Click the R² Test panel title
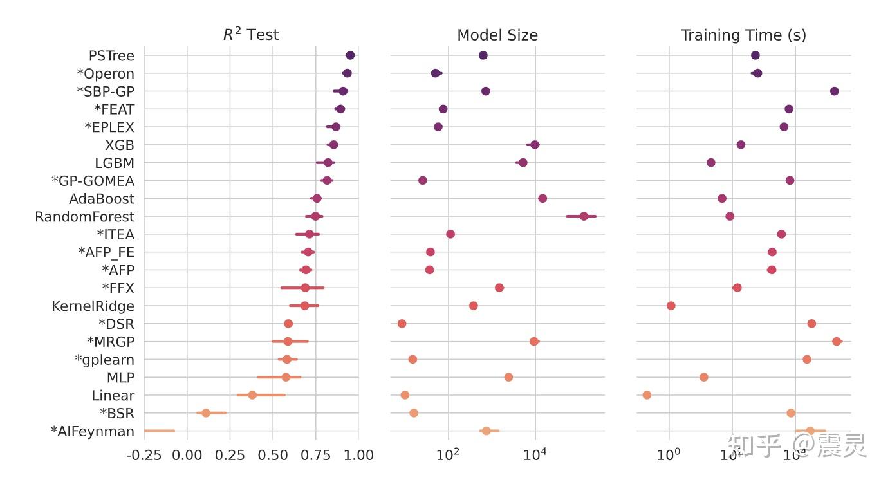coord(251,35)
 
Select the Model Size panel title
coord(497,35)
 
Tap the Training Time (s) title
coord(743,35)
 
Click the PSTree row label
coord(111,56)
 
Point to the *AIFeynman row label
coord(93,431)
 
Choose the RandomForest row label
coord(85,217)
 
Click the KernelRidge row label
coord(93,306)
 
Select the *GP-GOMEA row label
coord(93,181)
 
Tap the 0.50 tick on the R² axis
coord(273,456)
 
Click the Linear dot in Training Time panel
coord(647,395)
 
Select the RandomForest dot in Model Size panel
coord(584,216)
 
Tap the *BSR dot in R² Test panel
coord(206,412)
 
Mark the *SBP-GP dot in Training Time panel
coord(835,91)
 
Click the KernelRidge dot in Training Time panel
coord(671,306)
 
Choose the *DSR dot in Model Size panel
coord(402,323)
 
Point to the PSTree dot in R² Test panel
coord(350,55)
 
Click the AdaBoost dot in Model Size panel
coord(542,198)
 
